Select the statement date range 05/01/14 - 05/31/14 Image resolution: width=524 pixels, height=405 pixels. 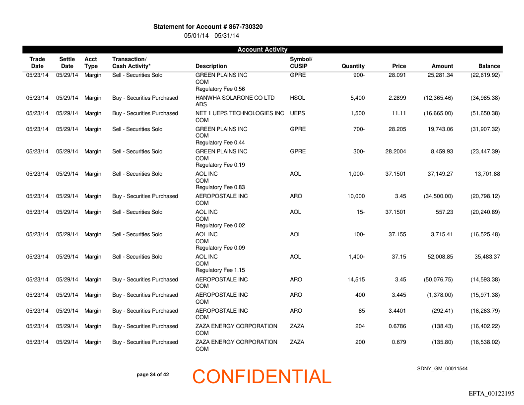click(x=212, y=35)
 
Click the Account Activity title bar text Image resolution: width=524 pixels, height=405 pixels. click(x=262, y=49)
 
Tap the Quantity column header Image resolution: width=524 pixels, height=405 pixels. click(x=353, y=66)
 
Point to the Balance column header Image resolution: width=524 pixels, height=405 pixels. click(x=489, y=66)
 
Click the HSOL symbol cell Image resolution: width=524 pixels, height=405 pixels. click(x=297, y=98)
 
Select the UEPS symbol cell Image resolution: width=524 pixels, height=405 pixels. click(x=297, y=113)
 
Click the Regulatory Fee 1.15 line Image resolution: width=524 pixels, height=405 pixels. click(x=220, y=270)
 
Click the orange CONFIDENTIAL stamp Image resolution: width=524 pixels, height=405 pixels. click(x=262, y=377)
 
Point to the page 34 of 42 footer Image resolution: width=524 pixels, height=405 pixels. click(x=152, y=374)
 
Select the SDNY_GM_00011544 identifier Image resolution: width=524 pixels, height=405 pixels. click(x=442, y=368)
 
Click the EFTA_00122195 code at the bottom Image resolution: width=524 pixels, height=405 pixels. click(x=491, y=394)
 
